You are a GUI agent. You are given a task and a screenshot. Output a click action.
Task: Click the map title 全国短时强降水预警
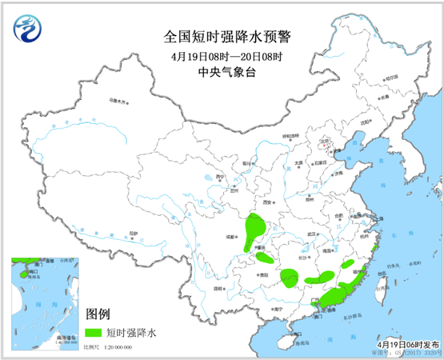(222, 36)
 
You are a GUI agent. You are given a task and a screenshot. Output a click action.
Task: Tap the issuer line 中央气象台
(222, 71)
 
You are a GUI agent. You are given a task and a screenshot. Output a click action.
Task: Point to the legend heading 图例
(97, 313)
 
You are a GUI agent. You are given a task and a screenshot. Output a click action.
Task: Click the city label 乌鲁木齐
(118, 102)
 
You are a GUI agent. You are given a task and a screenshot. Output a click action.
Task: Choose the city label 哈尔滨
(390, 78)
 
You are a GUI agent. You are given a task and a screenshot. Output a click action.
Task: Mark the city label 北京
(324, 146)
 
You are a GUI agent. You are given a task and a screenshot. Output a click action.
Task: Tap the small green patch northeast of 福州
(374, 259)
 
